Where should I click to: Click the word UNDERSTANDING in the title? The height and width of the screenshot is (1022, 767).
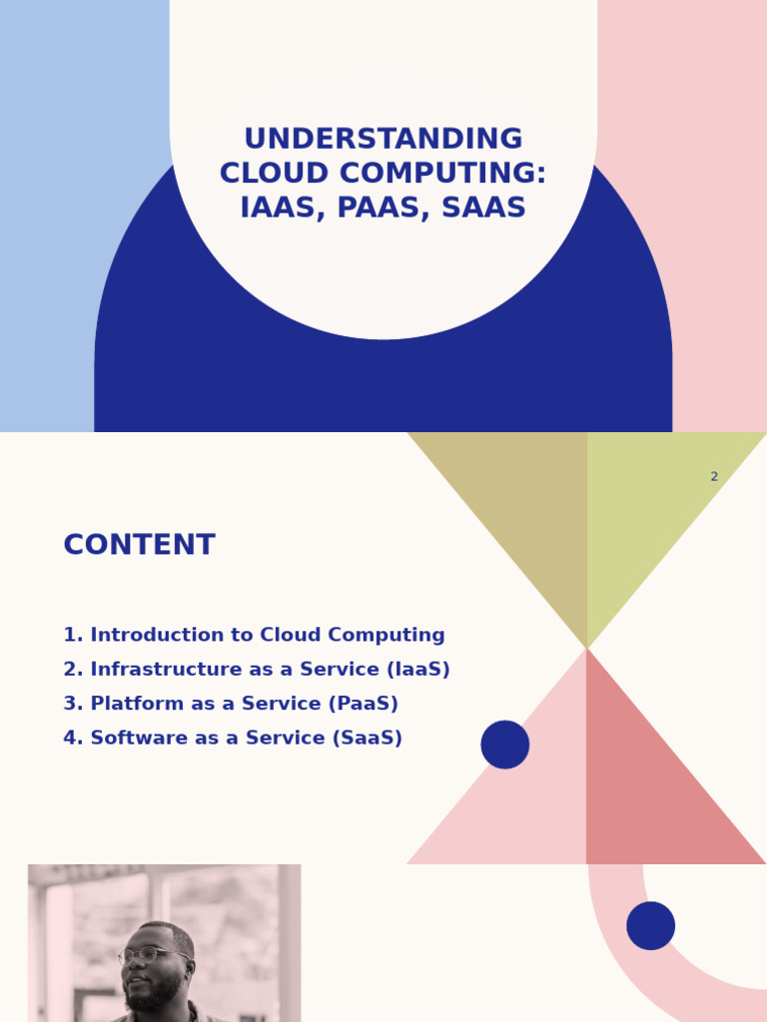pyautogui.click(x=383, y=140)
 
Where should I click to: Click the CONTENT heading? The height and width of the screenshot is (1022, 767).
pyautogui.click(x=139, y=546)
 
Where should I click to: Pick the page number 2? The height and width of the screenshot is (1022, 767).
pyautogui.click(x=714, y=477)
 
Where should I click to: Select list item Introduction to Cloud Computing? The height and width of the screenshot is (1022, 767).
pyautogui.click(x=254, y=636)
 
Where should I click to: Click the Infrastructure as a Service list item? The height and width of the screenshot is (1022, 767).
pyautogui.click(x=257, y=670)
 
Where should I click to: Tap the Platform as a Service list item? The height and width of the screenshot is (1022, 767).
pyautogui.click(x=231, y=704)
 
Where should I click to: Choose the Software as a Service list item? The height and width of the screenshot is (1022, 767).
pyautogui.click(x=233, y=739)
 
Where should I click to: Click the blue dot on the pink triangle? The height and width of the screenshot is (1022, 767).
pyautogui.click(x=505, y=745)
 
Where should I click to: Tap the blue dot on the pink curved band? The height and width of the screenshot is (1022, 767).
pyautogui.click(x=651, y=926)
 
